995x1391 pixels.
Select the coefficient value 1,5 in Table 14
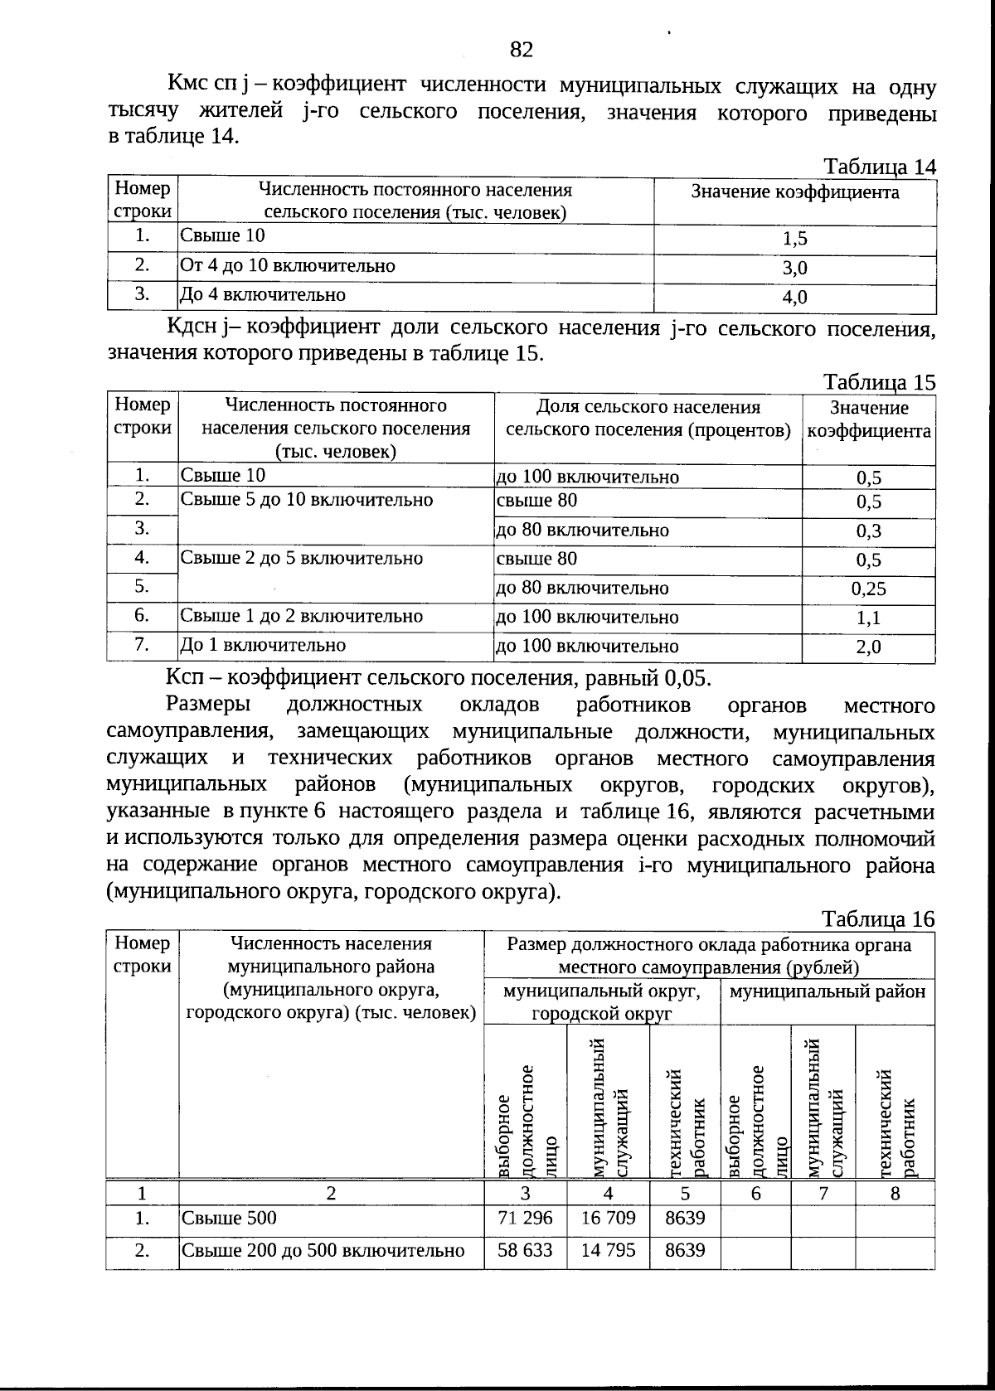tap(794, 240)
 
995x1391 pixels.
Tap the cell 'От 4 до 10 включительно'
tap(288, 266)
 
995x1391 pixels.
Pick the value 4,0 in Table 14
tap(794, 297)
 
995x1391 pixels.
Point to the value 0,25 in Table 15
tap(868, 589)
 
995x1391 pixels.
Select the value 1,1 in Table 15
tap(868, 618)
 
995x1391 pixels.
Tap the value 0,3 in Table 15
tap(868, 531)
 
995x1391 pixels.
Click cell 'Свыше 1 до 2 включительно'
tap(302, 616)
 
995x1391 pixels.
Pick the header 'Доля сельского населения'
tap(648, 407)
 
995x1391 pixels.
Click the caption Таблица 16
tap(878, 919)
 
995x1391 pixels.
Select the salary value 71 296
tap(525, 1218)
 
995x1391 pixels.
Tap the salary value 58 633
tap(525, 1250)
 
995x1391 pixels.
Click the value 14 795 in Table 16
tap(608, 1250)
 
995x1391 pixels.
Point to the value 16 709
tap(608, 1218)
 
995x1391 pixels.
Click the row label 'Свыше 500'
tap(229, 1218)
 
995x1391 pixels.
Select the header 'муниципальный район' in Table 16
tap(828, 991)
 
